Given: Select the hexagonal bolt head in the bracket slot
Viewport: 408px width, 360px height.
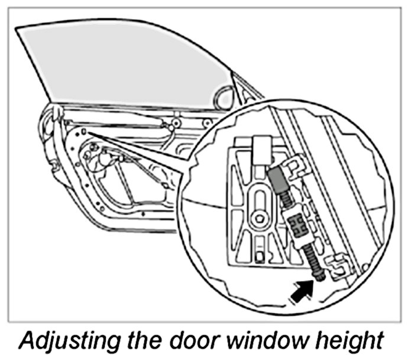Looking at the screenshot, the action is pyautogui.click(x=258, y=220).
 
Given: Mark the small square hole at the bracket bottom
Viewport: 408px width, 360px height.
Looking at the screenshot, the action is pyautogui.click(x=260, y=255).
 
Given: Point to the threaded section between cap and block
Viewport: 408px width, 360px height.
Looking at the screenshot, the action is pyautogui.click(x=286, y=198).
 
